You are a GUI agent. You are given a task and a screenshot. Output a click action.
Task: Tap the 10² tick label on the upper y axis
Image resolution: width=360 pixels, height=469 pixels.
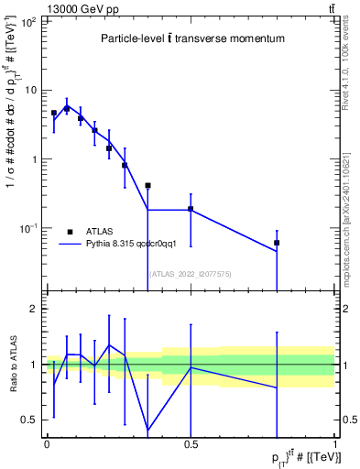tap(27, 21)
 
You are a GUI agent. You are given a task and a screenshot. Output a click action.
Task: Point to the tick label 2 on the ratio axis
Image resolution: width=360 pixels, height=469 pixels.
tap(33, 310)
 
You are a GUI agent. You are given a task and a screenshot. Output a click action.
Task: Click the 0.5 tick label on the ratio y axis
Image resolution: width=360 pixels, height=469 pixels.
tap(29, 420)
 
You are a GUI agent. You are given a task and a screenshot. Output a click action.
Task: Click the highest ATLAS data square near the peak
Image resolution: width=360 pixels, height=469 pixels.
tap(66, 108)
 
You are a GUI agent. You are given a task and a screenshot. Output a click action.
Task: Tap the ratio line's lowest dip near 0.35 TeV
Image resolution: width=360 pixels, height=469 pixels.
tap(147, 430)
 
